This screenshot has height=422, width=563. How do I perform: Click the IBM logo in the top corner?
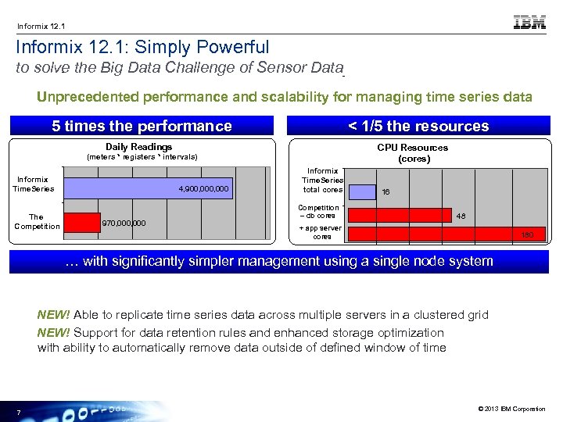pyautogui.click(x=529, y=23)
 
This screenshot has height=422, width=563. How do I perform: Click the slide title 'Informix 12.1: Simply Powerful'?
pyautogui.click(x=143, y=48)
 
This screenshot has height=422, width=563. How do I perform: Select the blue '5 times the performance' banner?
pyautogui.click(x=142, y=126)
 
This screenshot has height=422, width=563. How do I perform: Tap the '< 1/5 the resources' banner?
pyautogui.click(x=418, y=126)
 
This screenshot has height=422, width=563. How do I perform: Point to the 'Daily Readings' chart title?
pyautogui.click(x=138, y=147)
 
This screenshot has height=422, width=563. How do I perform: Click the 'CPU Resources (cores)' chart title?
pyautogui.click(x=412, y=152)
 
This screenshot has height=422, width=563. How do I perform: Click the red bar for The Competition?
pyautogui.click(x=81, y=223)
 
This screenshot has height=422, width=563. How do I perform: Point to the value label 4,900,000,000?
pyautogui.click(x=203, y=188)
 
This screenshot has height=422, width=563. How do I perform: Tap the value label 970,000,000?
pyautogui.click(x=124, y=223)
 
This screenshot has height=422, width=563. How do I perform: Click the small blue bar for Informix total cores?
pyautogui.click(x=360, y=190)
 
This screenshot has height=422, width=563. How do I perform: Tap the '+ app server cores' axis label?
pyautogui.click(x=321, y=232)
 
